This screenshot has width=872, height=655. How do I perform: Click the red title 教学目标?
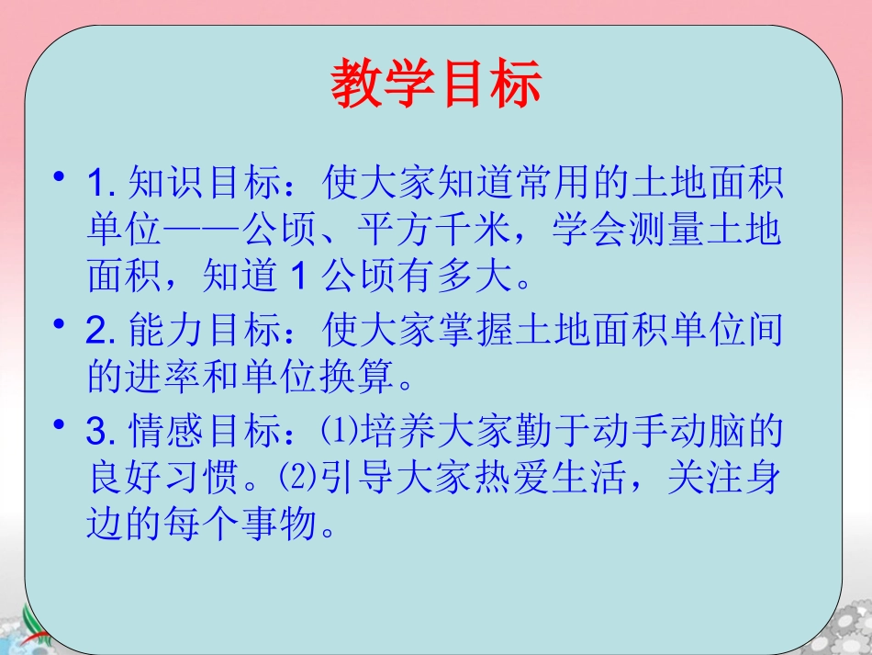click(x=436, y=84)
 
